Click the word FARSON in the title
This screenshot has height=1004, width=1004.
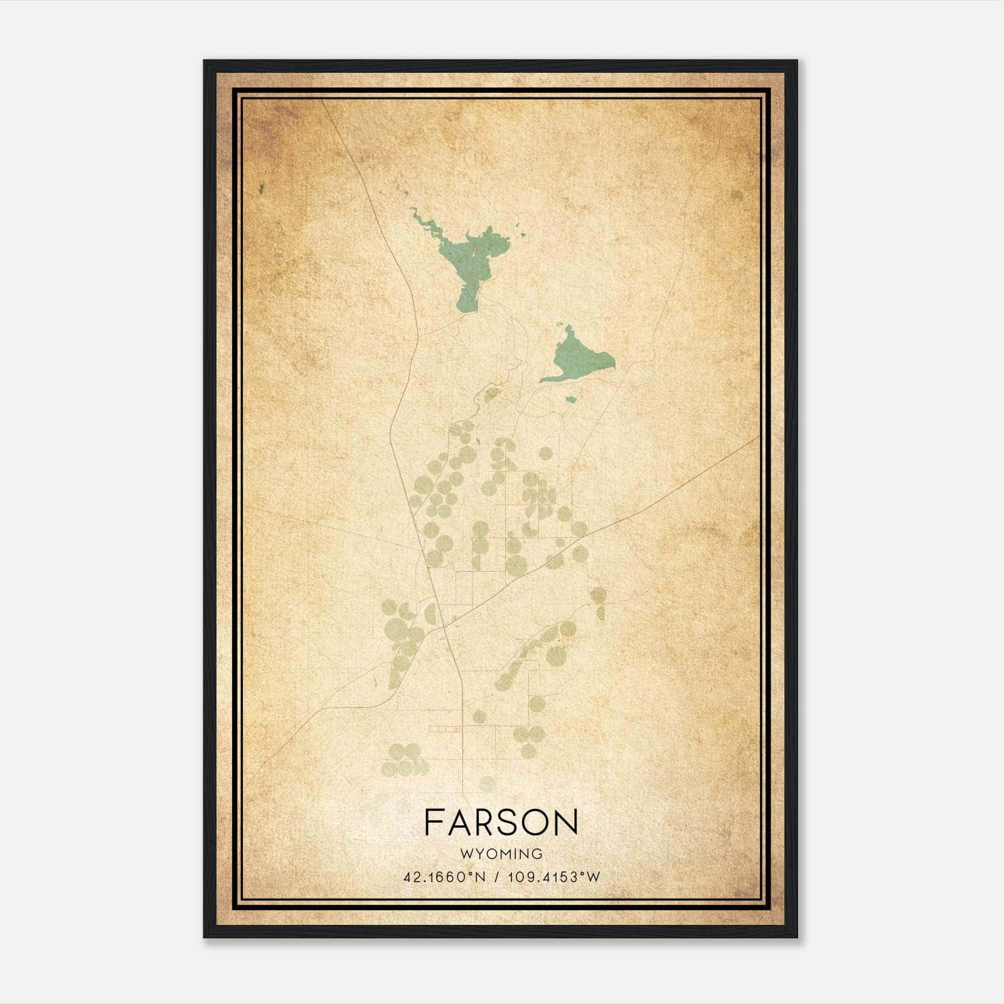pos(501,822)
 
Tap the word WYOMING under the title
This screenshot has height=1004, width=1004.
pos(501,854)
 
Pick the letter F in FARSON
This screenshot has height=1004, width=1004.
pos(434,822)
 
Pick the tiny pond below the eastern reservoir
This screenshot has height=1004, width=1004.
pos(570,399)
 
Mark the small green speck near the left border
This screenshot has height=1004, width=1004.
pos(261,188)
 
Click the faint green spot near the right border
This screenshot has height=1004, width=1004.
pos(737,196)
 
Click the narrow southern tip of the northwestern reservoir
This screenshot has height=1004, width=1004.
pos(464,307)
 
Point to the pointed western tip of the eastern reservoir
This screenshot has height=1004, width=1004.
pos(541,381)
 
